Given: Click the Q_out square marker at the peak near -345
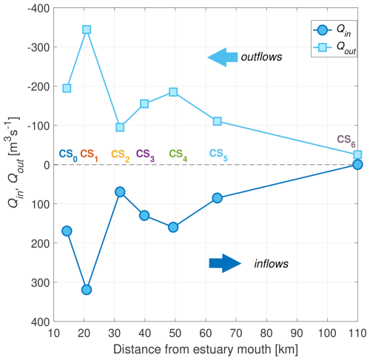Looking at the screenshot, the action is [x=87, y=30].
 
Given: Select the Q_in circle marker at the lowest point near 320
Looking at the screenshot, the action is [x=87, y=290].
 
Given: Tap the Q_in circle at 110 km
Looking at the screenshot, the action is [x=357, y=165].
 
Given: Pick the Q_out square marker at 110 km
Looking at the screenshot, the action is [x=357, y=154].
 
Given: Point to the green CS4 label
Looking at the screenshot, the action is [x=178, y=155].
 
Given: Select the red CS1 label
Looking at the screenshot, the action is [x=89, y=155].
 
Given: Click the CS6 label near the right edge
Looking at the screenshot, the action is [x=346, y=141].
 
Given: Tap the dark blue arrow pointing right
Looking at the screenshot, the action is [x=225, y=263].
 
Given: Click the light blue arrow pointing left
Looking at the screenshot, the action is [x=223, y=57].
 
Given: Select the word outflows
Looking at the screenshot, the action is [x=261, y=57].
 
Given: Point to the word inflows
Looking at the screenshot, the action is [x=271, y=264].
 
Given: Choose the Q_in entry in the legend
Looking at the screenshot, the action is [x=334, y=30].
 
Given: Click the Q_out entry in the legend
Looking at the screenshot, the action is [x=334, y=47].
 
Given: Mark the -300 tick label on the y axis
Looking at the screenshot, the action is [x=38, y=47].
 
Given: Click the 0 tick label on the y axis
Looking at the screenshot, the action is [x=47, y=165].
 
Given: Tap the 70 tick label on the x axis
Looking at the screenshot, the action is [x=236, y=333].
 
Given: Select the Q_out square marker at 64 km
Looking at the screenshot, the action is [x=218, y=121].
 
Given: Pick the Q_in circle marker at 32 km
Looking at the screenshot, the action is [x=120, y=192].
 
